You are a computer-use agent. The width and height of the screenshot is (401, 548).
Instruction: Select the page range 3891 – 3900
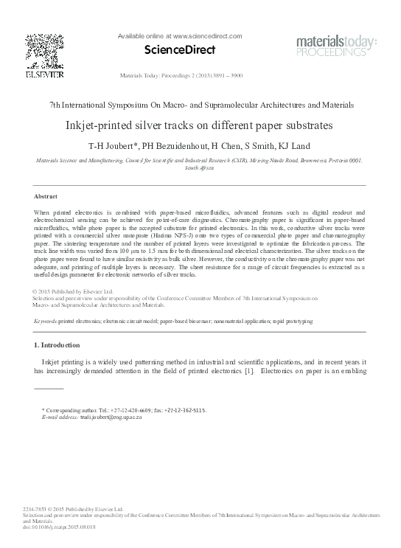(228, 75)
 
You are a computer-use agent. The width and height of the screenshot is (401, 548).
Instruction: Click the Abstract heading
(46, 196)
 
